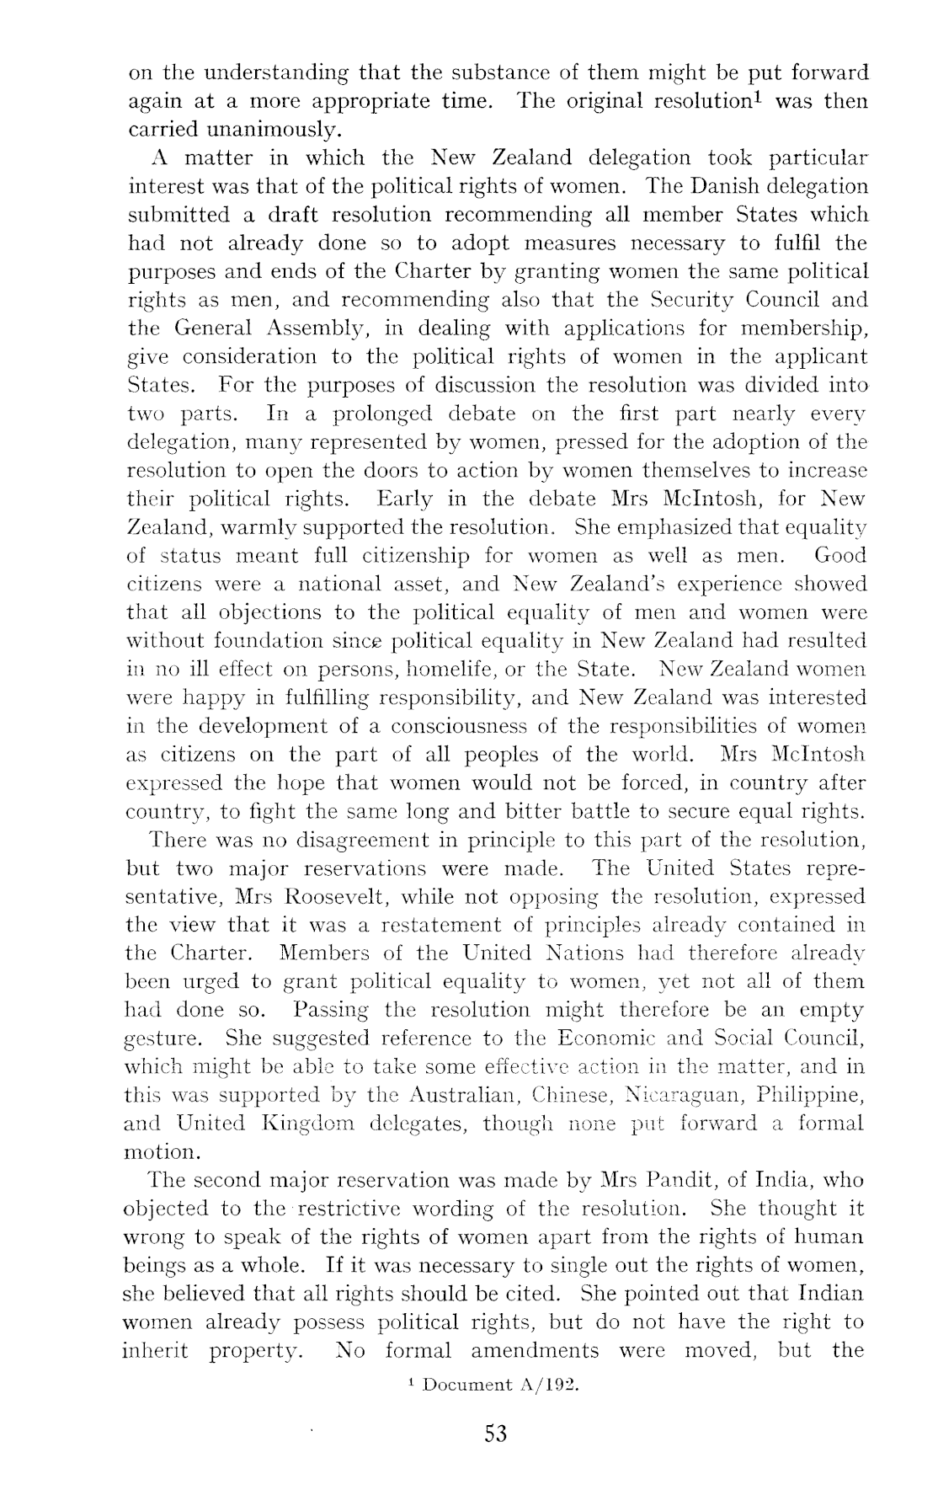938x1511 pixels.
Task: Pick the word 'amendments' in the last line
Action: pyautogui.click(x=535, y=1351)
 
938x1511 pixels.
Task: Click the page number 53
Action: pyautogui.click(x=496, y=1434)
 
